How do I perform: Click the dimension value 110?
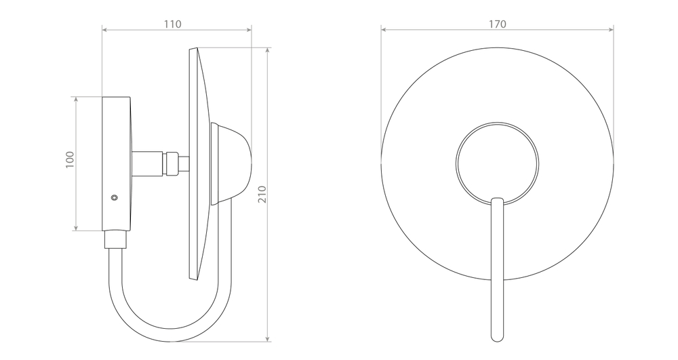[x=172, y=24]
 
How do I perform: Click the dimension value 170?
[x=497, y=24]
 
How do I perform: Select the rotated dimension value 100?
[x=70, y=160]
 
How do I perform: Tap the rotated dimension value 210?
[x=262, y=195]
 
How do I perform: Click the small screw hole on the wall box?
[x=114, y=197]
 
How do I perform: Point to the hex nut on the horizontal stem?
[x=172, y=163]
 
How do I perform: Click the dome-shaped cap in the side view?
[x=231, y=163]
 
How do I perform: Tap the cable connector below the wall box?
[x=115, y=239]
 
